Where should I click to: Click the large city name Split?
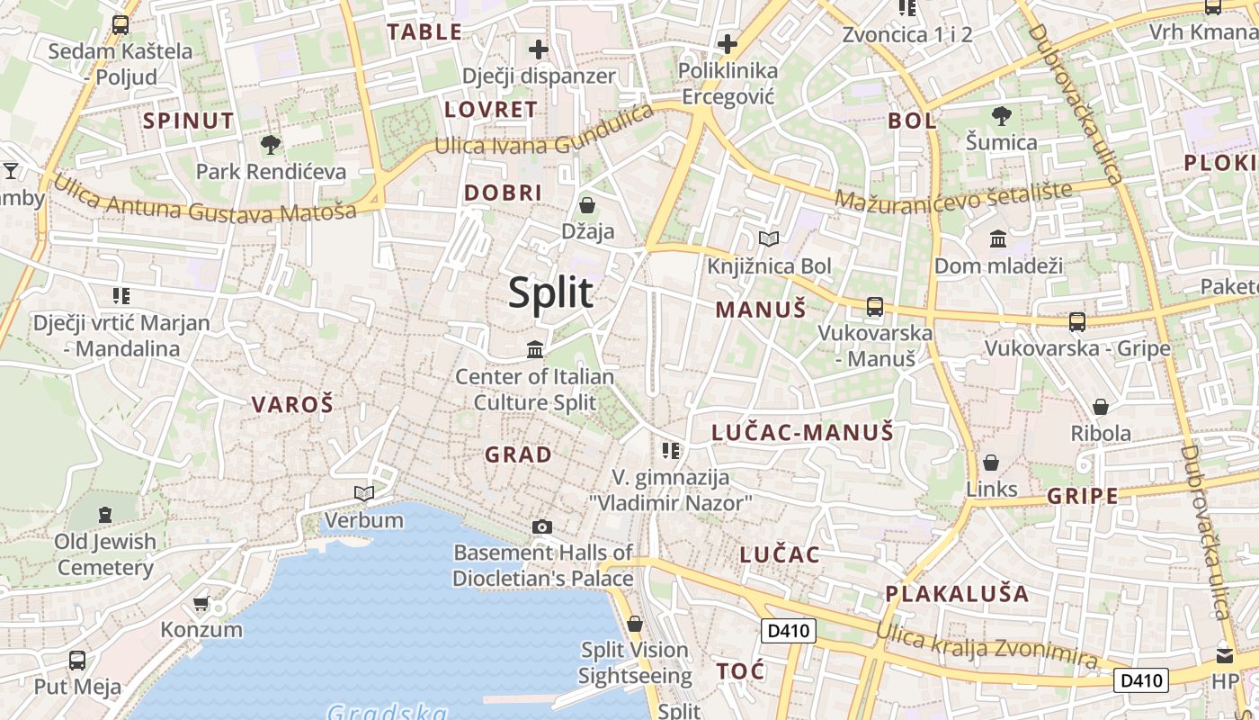coord(551,292)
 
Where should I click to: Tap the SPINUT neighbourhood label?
coord(189,121)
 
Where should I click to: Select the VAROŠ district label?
coord(292,405)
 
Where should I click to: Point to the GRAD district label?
coord(519,455)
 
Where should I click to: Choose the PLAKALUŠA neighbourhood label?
coord(957,594)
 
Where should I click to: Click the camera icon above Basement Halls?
coord(542,526)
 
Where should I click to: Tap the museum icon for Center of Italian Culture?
coord(535,349)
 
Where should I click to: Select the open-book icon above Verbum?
coord(364,493)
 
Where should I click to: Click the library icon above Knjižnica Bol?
coord(769,238)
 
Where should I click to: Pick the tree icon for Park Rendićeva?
coord(270,144)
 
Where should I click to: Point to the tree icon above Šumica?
coord(1001,115)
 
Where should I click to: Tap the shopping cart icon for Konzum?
coord(201,603)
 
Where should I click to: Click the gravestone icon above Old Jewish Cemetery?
coord(105,515)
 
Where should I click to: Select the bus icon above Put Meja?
coord(77,661)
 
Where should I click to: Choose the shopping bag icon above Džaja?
coord(587,205)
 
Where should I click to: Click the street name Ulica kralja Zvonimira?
coord(987,647)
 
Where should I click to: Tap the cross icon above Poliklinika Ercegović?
coord(728,43)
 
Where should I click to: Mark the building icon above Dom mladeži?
coord(998,238)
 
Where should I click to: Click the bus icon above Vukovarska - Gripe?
coord(1076,321)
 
